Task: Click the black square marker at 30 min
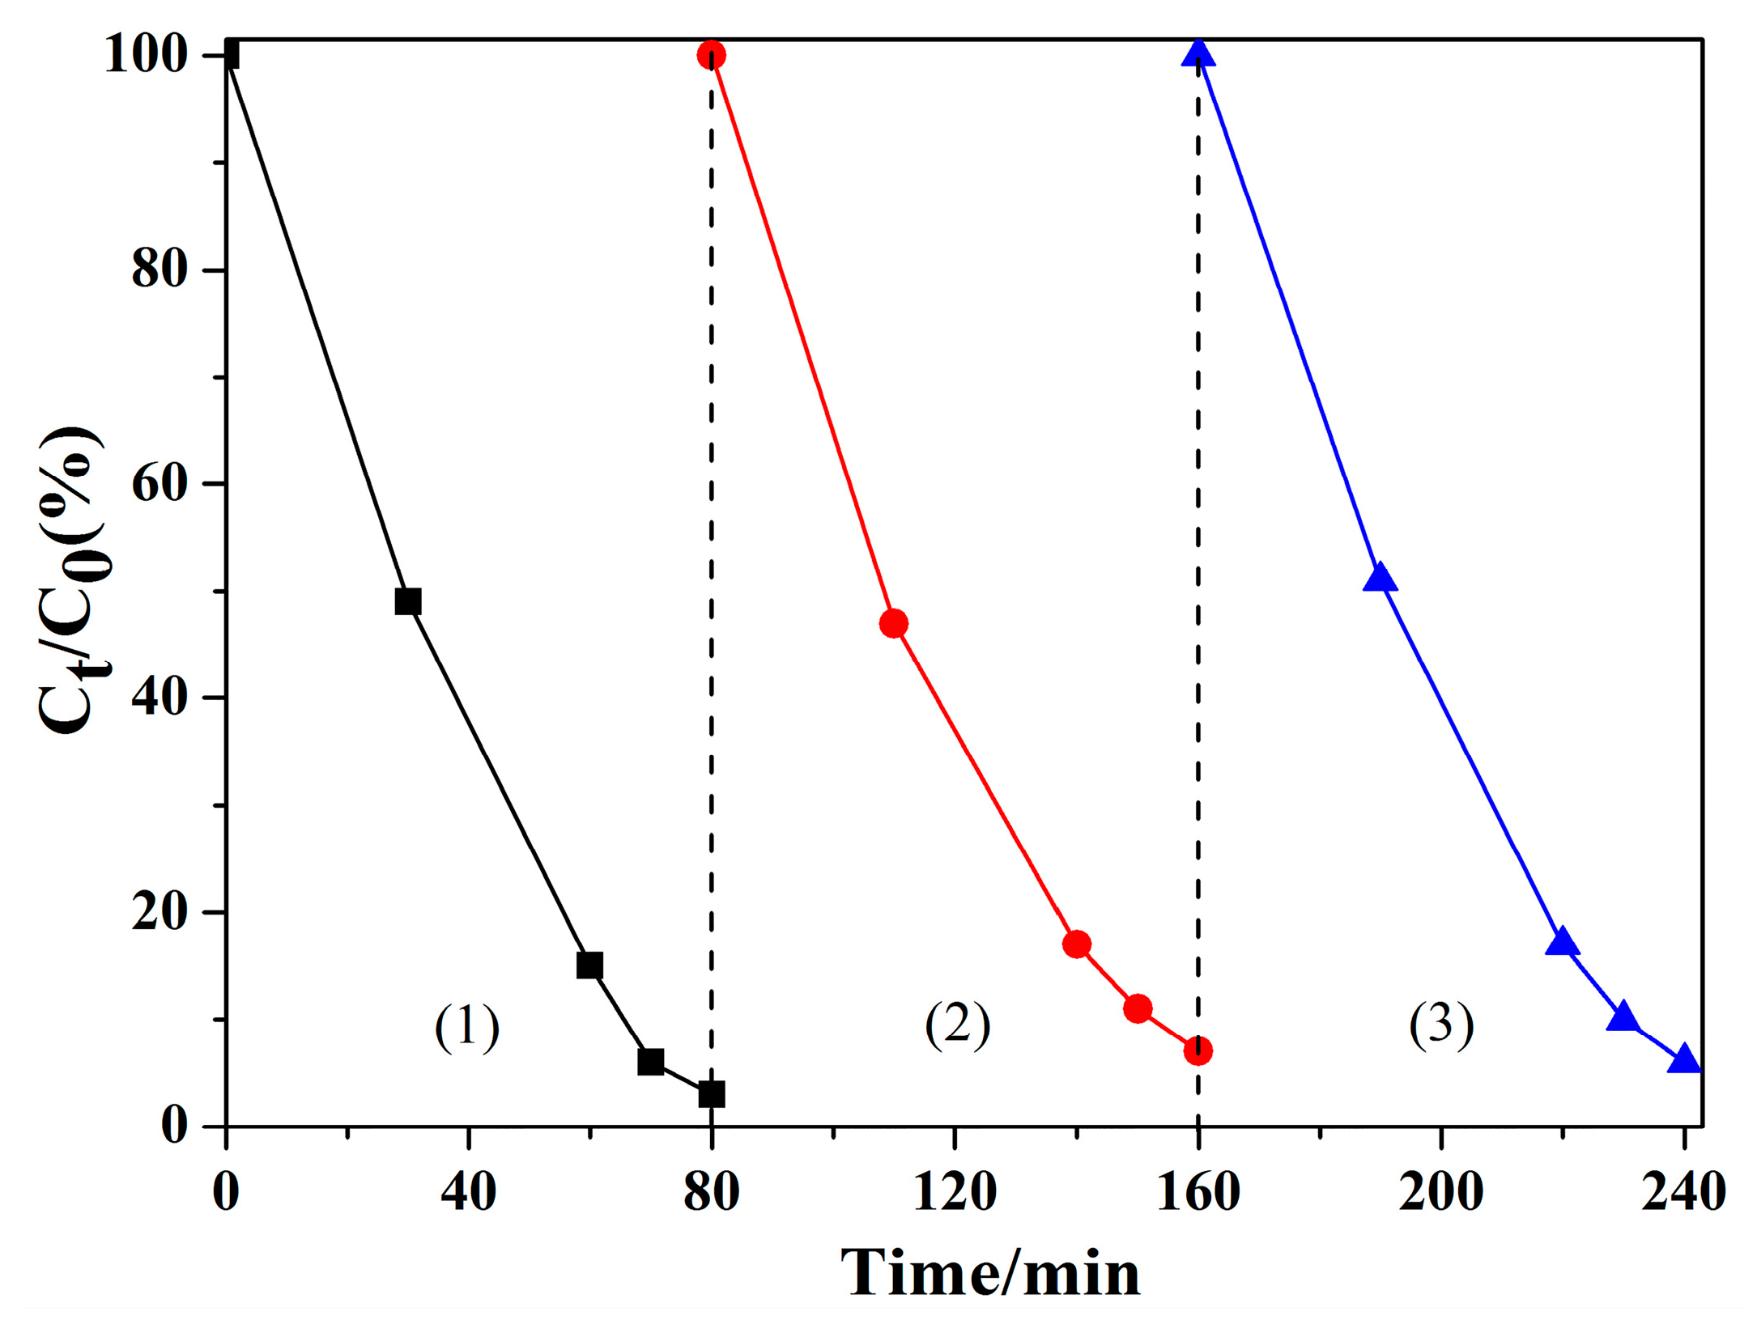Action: point(407,601)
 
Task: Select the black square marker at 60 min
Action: point(589,965)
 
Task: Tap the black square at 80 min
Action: point(711,1094)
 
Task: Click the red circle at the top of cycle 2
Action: point(711,55)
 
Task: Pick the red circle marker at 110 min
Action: point(893,623)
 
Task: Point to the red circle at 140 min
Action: point(1076,944)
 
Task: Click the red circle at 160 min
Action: point(1198,1050)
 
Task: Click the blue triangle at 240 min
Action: point(1684,1060)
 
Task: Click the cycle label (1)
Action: point(466,1027)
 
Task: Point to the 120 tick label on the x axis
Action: point(955,1191)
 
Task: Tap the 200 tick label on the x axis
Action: point(1440,1191)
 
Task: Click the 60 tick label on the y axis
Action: point(159,484)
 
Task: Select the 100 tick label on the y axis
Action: point(146,56)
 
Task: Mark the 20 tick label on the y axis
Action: point(159,912)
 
